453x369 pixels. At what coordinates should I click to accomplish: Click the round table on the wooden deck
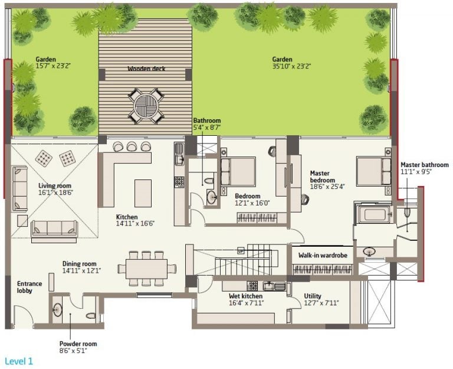point(146,105)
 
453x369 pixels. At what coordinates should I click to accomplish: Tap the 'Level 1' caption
point(19,361)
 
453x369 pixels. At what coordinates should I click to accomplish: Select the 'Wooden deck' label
point(146,69)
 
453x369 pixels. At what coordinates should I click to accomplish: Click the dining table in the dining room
point(146,269)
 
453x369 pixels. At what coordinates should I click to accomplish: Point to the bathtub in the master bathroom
point(375,214)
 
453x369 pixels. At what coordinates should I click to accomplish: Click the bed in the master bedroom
point(374,171)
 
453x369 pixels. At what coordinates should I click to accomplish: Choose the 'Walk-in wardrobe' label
point(323,256)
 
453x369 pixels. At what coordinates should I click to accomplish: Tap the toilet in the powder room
point(91,315)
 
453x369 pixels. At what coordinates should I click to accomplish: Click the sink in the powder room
point(57,311)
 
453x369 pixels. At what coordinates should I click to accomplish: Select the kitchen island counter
point(143,193)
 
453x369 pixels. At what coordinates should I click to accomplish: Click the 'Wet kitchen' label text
point(245,296)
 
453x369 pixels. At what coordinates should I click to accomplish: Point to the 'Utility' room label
point(313,296)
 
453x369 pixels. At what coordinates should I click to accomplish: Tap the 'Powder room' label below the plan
point(78,344)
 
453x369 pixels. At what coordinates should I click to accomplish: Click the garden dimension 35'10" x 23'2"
point(291,66)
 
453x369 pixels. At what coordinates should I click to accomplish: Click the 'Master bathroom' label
point(425,165)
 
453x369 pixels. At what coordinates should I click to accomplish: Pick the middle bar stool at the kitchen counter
point(132,146)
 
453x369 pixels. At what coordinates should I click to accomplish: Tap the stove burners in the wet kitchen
point(253,286)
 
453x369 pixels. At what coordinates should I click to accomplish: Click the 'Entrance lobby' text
point(29,287)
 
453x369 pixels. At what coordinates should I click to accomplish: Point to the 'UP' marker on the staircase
point(241,250)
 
